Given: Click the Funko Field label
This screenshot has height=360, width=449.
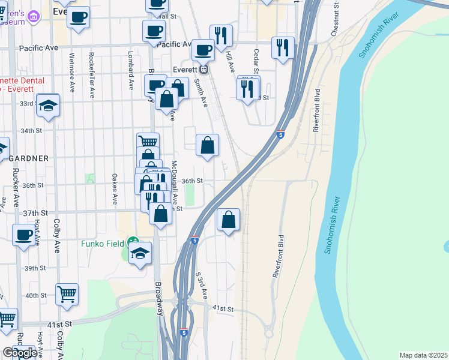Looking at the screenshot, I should [x=103, y=244].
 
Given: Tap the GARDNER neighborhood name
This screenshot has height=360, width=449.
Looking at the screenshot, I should [x=29, y=157].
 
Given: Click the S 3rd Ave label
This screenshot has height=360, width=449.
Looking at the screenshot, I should [x=201, y=286].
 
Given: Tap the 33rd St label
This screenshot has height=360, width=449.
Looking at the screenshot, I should [x=26, y=103].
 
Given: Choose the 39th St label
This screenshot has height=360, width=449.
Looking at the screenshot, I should [x=35, y=268].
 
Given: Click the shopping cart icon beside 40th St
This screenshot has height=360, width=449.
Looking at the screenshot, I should [x=67, y=294].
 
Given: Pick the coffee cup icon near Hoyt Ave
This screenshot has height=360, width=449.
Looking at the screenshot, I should [x=23, y=235].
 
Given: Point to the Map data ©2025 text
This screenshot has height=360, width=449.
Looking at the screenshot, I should [x=423, y=355].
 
